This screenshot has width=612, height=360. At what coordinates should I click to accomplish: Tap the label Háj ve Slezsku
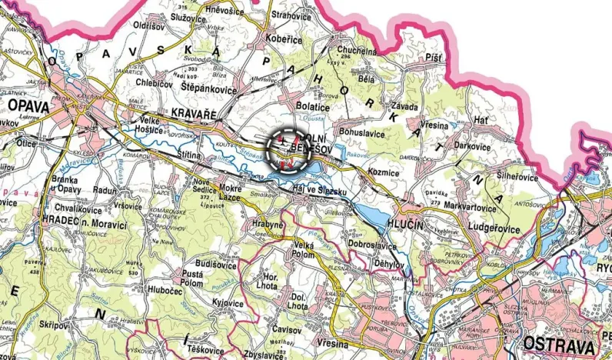click(x=321, y=189)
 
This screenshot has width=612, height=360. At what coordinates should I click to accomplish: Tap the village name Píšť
click(x=434, y=58)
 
